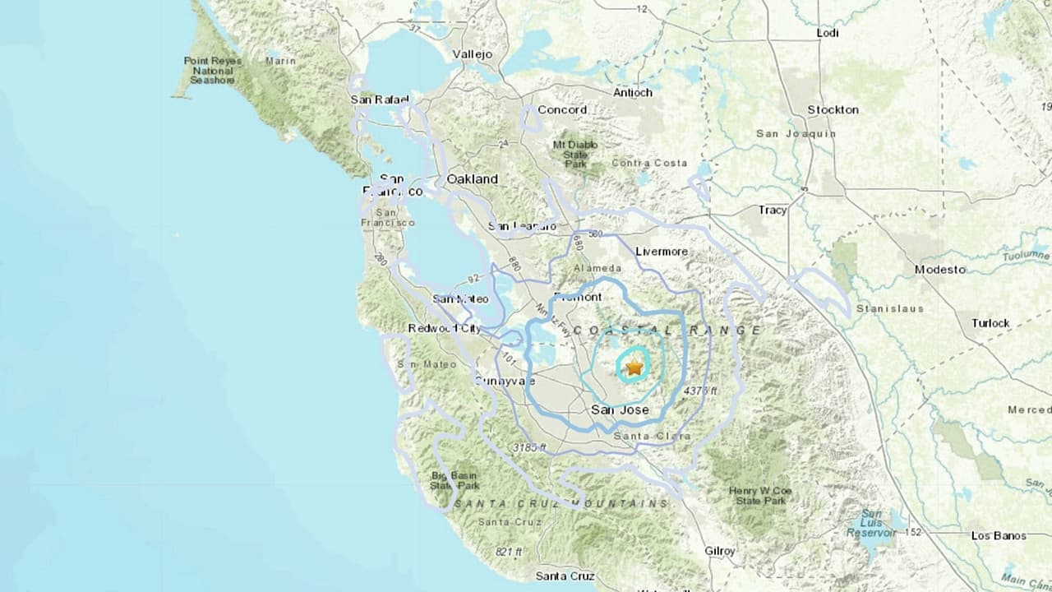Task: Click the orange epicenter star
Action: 634,368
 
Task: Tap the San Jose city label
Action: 620,409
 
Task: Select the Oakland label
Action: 472,178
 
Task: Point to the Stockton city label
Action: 833,109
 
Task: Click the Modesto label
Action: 940,269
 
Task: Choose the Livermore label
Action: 662,252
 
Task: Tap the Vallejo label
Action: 472,54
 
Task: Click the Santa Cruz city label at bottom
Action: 563,576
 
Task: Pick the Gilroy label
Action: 719,551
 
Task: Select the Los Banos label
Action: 998,536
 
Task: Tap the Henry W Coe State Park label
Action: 759,496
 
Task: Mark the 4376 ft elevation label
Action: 699,391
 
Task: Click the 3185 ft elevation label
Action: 528,447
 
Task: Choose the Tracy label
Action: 773,210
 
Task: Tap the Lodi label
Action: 828,32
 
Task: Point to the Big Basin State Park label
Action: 454,480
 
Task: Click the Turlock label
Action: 990,323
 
